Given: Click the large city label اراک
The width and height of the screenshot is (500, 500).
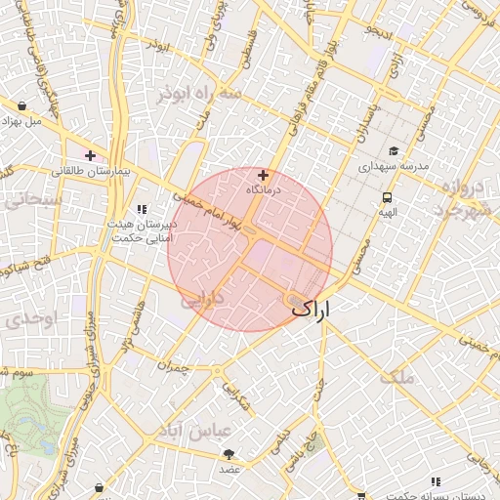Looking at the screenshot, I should pyautogui.click(x=312, y=309).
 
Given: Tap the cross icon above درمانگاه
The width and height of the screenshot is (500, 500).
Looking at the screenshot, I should pyautogui.click(x=263, y=175).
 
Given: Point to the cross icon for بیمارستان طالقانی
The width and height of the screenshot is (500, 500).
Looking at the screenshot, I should pyautogui.click(x=90, y=155).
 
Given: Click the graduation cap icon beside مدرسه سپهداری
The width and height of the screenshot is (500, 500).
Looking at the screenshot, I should pyautogui.click(x=394, y=151).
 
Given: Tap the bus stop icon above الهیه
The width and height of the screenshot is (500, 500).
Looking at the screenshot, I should pyautogui.click(x=388, y=197).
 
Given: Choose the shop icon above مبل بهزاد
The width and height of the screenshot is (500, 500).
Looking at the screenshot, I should pyautogui.click(x=21, y=105).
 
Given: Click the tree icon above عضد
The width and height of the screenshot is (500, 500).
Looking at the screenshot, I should pyautogui.click(x=229, y=454).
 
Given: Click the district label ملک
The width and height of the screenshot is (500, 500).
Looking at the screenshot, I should pyautogui.click(x=400, y=376).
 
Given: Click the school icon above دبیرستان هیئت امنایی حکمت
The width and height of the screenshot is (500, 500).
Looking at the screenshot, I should pyautogui.click(x=143, y=208).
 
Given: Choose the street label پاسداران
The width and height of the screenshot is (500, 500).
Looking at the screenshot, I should pyautogui.click(x=358, y=122).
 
